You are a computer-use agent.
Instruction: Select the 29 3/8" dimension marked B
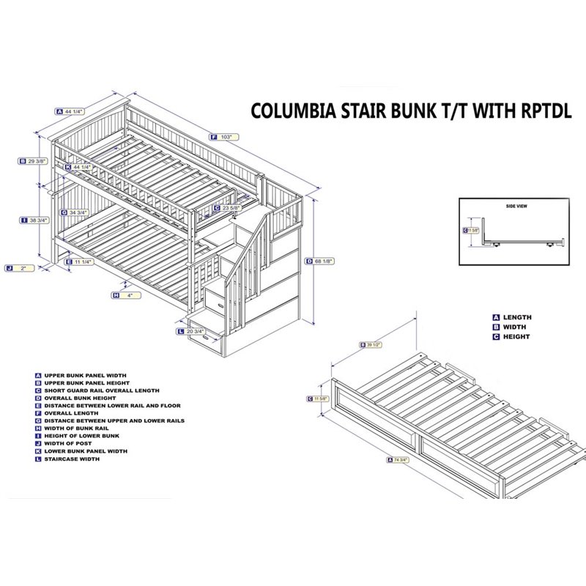coord(35,161)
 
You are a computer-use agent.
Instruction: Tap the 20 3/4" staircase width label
coord(196,332)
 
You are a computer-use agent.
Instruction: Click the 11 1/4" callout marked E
coord(81,261)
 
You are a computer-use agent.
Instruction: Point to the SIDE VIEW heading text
coord(516,207)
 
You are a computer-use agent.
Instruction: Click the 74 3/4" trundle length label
coord(400,460)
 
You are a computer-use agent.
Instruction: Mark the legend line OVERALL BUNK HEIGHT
coord(80,398)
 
